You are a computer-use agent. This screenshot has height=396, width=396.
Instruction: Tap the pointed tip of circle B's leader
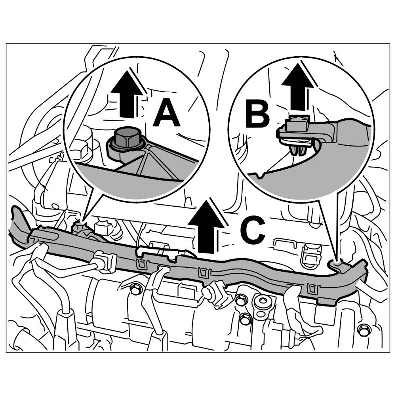[x=337, y=261]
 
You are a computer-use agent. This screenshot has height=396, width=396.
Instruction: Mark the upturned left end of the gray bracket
[x=18, y=224]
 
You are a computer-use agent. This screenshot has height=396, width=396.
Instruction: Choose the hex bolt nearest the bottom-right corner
[x=363, y=328]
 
